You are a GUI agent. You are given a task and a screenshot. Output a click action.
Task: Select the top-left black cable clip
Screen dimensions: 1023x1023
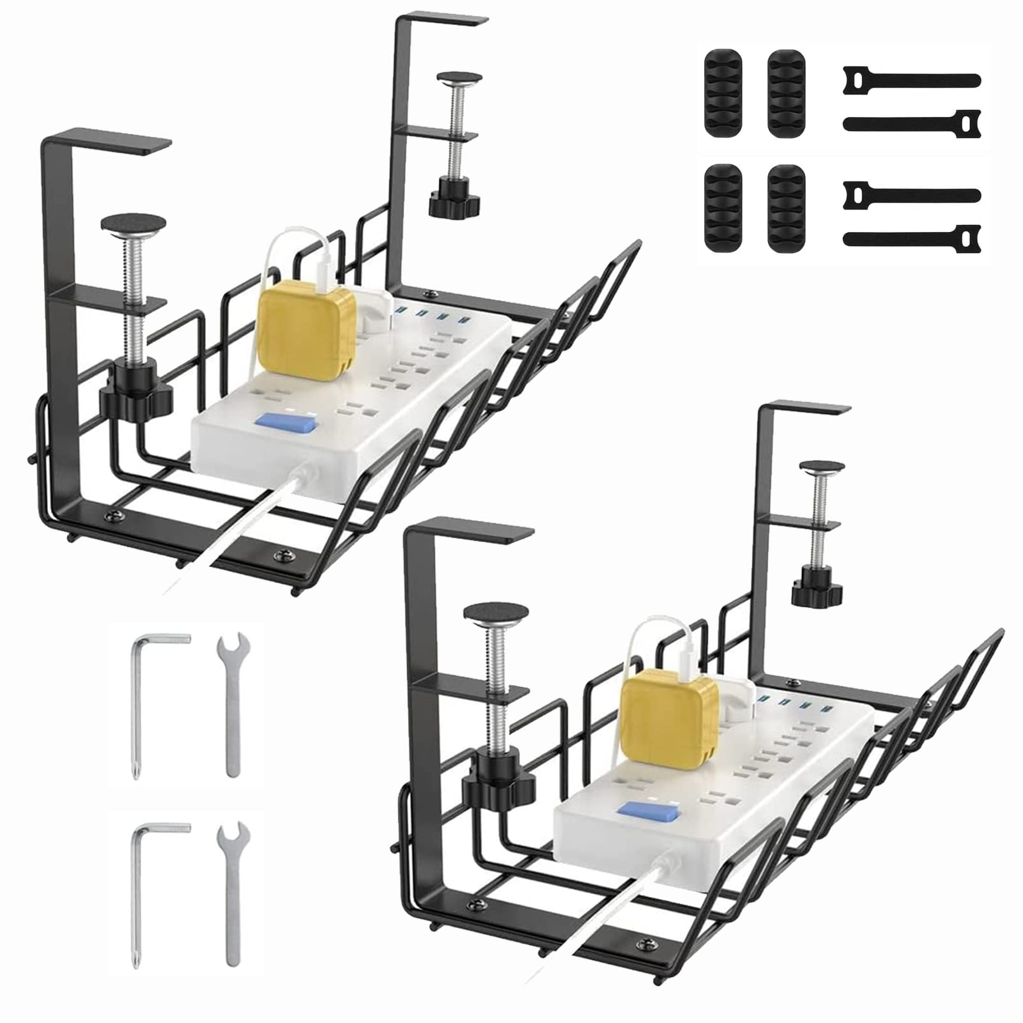click(x=723, y=93)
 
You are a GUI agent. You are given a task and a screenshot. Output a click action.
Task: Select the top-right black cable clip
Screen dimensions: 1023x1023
click(x=787, y=93)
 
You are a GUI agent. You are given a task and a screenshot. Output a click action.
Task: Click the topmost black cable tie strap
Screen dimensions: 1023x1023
click(x=911, y=81)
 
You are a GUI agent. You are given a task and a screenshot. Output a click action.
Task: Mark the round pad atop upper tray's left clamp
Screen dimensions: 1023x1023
click(x=133, y=224)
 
